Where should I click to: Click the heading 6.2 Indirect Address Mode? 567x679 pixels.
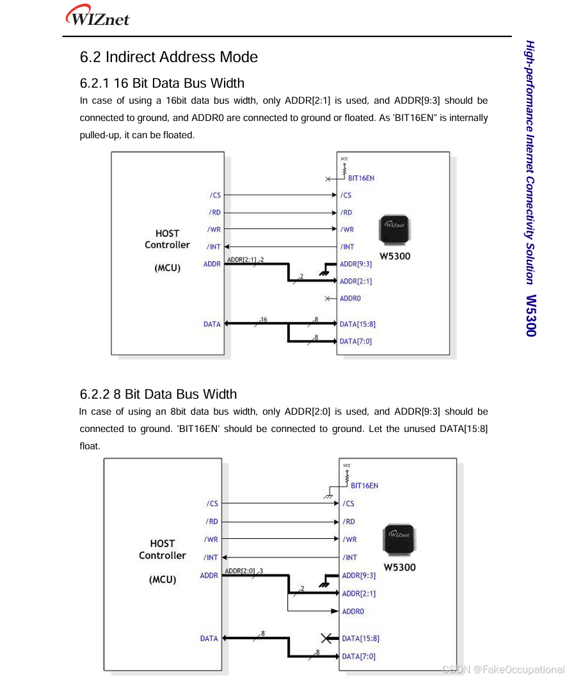[x=168, y=57]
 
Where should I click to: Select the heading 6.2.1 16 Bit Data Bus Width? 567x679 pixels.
[x=162, y=83]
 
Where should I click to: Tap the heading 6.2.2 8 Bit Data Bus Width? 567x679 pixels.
[x=158, y=394]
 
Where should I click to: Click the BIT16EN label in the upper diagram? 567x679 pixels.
[x=361, y=178]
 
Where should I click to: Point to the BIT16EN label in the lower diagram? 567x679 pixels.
[x=364, y=486]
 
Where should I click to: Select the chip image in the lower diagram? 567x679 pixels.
[x=399, y=540]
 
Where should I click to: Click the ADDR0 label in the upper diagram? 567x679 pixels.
[x=350, y=298]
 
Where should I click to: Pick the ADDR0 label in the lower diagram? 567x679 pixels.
[x=353, y=611]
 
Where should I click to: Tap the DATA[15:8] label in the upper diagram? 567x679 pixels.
[x=357, y=324]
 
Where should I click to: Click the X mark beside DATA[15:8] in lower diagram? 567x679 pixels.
[x=327, y=638]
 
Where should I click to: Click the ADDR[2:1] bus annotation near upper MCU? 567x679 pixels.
[x=242, y=260]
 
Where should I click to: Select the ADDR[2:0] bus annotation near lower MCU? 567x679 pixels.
[x=240, y=571]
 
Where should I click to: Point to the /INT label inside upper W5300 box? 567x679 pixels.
[x=347, y=247]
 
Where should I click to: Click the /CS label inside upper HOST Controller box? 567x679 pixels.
[x=215, y=195]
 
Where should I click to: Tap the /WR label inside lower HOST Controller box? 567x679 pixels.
[x=211, y=539]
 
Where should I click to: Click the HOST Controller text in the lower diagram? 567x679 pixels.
[x=163, y=549]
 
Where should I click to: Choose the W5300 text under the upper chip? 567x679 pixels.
[x=395, y=257]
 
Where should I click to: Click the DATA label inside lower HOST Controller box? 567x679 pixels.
[x=209, y=638]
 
